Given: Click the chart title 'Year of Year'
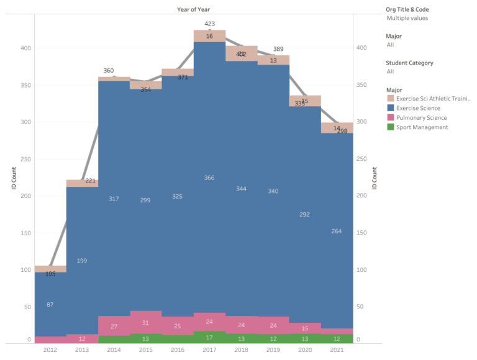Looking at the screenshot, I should point(194,9).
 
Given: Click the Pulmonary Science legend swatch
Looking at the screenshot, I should point(390,118).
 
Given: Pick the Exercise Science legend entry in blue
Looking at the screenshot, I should point(417,108).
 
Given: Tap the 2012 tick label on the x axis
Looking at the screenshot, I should point(50,350).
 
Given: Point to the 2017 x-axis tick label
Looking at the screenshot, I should point(209,350).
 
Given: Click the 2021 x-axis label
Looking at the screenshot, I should point(337,350).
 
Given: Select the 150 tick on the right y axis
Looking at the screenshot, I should point(366,233).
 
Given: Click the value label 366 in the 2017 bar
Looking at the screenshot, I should point(209,178).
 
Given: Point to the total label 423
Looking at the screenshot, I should point(209,24).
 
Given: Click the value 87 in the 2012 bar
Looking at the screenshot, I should point(50,304).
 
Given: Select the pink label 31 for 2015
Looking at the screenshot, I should point(145,323).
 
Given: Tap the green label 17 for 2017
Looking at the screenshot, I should point(209,338).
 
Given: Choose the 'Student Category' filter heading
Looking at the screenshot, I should point(409,63).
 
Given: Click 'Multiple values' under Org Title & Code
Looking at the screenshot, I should point(407,18).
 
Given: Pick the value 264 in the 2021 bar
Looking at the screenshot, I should point(337,232).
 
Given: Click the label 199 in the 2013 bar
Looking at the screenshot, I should point(82,261).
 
